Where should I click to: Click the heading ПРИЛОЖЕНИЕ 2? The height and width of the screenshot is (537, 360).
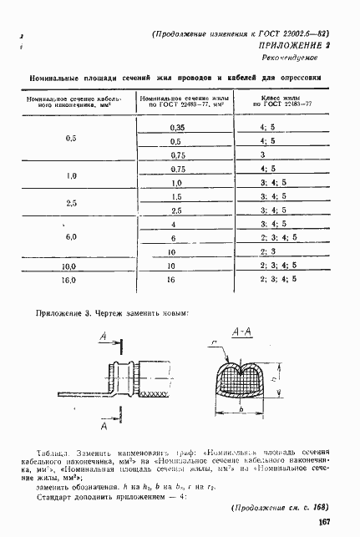293,47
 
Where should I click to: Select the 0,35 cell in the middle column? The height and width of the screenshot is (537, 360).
176,128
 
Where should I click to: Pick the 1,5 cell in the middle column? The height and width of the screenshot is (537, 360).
176,196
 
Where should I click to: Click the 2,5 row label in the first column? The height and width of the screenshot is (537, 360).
70,204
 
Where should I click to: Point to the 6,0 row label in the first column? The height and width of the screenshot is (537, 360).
70,238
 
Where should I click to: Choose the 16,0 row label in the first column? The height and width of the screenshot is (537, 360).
70,279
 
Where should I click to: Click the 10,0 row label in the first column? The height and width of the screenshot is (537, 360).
70,266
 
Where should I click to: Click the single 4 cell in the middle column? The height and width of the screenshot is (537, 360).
176,224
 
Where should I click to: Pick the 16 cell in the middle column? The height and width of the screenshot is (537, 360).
176,279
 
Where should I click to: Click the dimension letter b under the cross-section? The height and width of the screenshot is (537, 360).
240,409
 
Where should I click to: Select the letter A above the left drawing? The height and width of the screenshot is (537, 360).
102,336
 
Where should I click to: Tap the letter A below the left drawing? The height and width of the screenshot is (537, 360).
104,425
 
